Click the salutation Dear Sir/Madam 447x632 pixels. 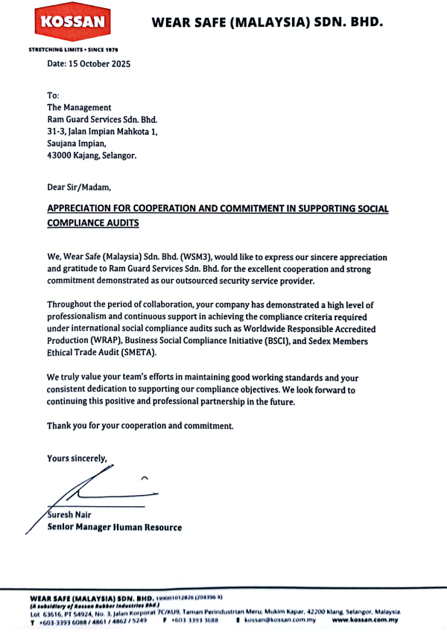click(78, 187)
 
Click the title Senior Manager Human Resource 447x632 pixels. click(115, 527)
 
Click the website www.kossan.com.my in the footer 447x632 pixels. click(365, 619)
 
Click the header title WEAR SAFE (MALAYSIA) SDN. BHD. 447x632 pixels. click(267, 22)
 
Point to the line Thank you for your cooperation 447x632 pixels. click(140, 426)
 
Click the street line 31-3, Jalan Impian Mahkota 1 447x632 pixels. click(102, 131)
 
